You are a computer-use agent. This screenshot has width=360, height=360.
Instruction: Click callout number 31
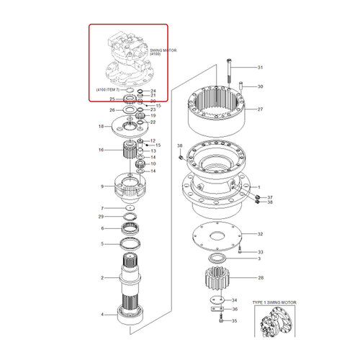(261, 68)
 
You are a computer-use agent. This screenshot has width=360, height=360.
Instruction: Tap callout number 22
(153, 123)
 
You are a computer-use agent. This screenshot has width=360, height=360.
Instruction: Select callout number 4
(102, 315)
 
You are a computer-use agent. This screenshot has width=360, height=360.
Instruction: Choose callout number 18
(101, 127)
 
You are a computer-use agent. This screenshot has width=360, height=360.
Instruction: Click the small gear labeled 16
(127, 150)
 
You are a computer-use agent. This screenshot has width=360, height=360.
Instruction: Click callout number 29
(102, 217)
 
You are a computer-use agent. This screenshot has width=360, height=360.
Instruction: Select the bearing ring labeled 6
(132, 229)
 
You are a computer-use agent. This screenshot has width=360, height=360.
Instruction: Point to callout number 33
(261, 252)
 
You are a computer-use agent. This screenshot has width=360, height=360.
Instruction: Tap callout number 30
(261, 86)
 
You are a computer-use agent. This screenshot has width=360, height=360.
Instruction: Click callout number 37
(271, 197)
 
